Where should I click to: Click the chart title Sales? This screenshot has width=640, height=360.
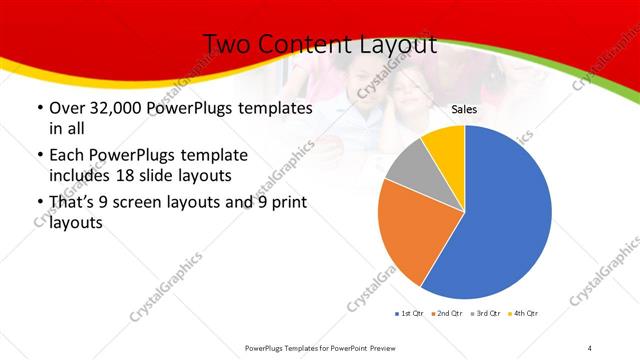coord(464,109)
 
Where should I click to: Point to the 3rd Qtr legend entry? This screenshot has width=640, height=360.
coord(486,314)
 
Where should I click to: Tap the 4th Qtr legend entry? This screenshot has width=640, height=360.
coord(524,314)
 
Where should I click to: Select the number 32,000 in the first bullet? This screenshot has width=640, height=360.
coord(111,107)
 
